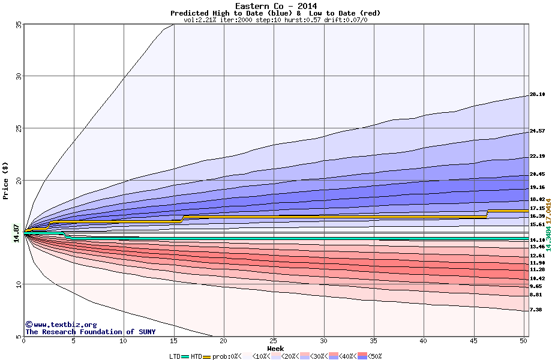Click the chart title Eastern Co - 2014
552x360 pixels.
point(276,6)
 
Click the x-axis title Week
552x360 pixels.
point(275,349)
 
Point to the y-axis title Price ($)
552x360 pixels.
point(6,180)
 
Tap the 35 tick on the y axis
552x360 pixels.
point(18,25)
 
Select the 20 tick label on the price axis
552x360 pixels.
point(18,181)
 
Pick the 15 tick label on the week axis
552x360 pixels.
point(173,341)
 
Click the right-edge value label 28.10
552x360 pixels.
point(537,95)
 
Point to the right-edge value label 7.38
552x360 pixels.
point(536,310)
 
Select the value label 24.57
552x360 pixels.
point(537,131)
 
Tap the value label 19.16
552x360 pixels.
point(537,187)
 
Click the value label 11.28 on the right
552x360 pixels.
point(537,270)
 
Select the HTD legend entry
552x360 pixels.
point(196,356)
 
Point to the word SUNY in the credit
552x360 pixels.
point(146,332)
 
